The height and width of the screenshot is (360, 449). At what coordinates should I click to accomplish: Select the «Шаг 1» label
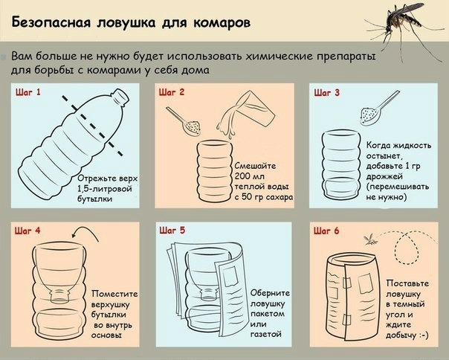tap(28, 92)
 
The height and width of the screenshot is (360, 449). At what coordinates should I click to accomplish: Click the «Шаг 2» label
tap(172, 92)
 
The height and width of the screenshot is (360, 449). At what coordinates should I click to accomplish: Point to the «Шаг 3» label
tap(327, 92)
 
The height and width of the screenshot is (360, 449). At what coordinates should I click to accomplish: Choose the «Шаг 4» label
tap(28, 231)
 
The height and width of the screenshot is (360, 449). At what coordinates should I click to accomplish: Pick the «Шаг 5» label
tap(172, 231)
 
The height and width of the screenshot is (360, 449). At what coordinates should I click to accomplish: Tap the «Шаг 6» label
tap(326, 231)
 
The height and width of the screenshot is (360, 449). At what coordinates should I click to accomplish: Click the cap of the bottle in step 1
tap(120, 96)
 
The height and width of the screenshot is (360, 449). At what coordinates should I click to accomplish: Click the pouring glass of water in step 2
tap(246, 114)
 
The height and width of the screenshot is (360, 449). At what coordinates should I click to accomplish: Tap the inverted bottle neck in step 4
tap(60, 295)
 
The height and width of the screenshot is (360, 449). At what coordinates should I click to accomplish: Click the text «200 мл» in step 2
tap(250, 176)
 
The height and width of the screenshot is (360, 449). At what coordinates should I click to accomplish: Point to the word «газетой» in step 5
tap(266, 334)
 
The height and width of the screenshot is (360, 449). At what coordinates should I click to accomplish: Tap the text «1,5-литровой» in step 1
tap(105, 189)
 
